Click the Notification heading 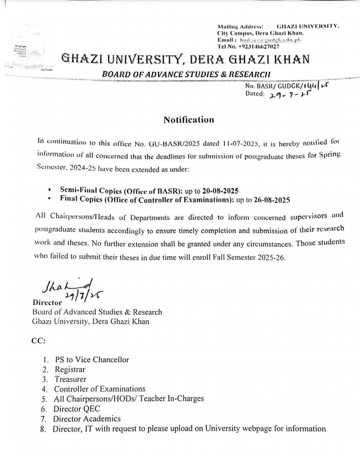click(189, 120)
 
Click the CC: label click(39, 340)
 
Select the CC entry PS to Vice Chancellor click(92, 360)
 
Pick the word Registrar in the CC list click(70, 370)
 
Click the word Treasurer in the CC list click(70, 379)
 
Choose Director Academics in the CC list click(87, 419)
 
